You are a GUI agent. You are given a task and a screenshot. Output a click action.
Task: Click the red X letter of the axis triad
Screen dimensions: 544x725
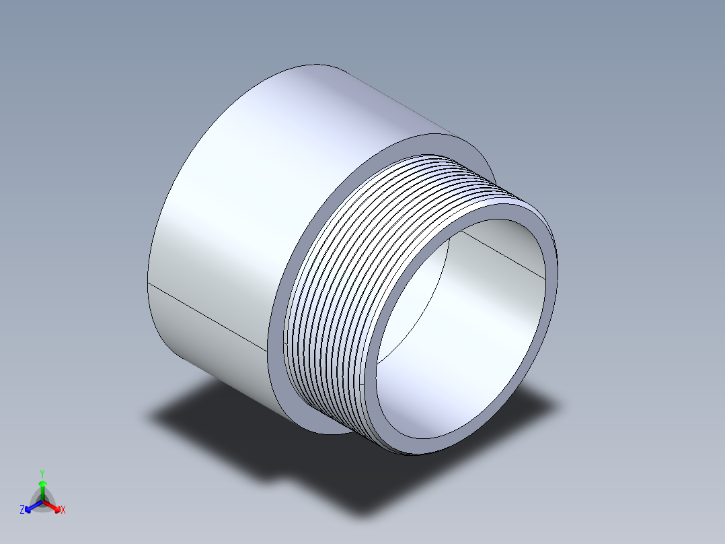coord(63,510)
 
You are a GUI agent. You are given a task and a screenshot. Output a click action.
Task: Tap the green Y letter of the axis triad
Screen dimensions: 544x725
coord(42,473)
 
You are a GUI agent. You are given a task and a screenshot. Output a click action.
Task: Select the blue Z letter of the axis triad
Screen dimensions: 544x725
coord(22,510)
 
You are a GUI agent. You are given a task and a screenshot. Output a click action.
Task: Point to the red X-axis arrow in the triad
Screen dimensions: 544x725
coord(54,506)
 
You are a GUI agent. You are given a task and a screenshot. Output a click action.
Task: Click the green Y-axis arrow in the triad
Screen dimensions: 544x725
coord(42,486)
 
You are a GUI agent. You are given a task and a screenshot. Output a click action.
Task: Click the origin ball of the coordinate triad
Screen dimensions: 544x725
coord(42,500)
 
